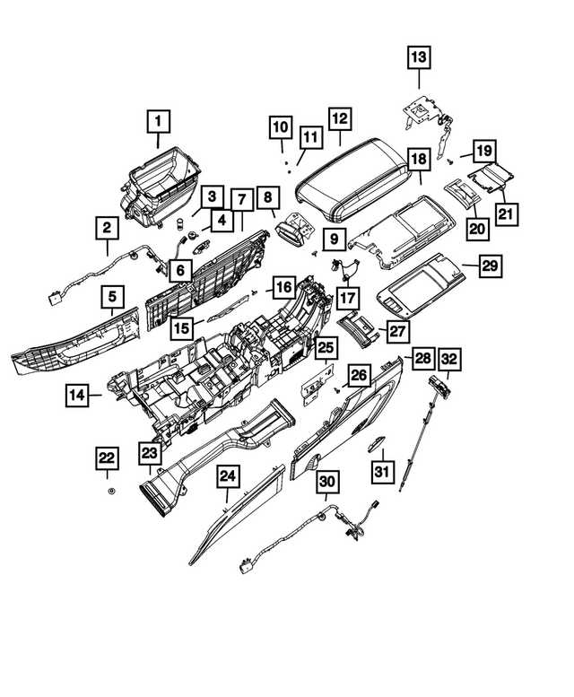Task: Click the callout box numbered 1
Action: click(158, 120)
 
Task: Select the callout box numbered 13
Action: click(419, 58)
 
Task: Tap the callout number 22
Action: click(108, 458)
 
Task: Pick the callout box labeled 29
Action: click(490, 266)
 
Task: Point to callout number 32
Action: click(449, 359)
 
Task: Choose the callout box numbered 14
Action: click(77, 393)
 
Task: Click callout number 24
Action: click(228, 477)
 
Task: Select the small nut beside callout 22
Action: click(110, 492)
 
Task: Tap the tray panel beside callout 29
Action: click(422, 283)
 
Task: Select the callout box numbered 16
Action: click(283, 287)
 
